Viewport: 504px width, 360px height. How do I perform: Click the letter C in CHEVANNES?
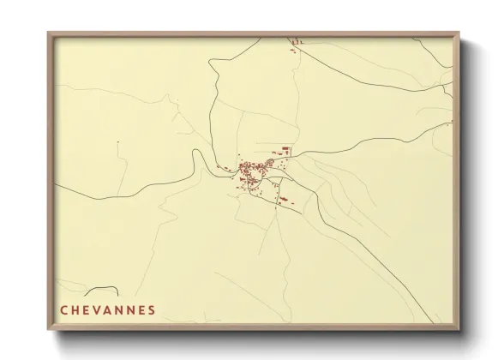point(65,309)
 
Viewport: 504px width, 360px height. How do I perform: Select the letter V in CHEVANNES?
point(100,309)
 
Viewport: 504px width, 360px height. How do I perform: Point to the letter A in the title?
point(112,309)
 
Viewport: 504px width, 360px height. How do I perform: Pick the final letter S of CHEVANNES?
point(152,309)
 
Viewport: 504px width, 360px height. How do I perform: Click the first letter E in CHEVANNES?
point(89,309)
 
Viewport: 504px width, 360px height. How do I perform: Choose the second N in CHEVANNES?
point(139,309)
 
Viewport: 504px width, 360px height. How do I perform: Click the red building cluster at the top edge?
point(297,41)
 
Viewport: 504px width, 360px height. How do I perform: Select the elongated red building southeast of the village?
point(283,201)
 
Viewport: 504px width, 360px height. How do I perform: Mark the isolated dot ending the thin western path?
point(117,141)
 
